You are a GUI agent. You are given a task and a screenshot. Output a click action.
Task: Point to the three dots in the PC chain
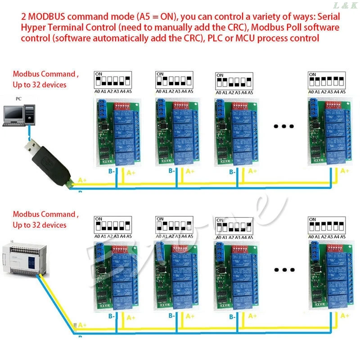(283, 126)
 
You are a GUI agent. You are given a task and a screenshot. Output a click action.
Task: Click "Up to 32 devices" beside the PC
(40, 85)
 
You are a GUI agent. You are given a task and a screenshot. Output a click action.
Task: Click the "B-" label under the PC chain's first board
(110, 171)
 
